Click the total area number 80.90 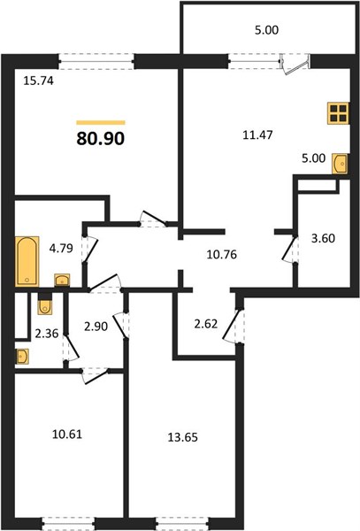pyautogui.click(x=101, y=138)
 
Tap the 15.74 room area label pyautogui.click(x=39, y=81)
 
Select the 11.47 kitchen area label pyautogui.click(x=257, y=135)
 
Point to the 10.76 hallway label pyautogui.click(x=222, y=254)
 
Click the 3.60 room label pyautogui.click(x=323, y=238)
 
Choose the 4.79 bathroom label pyautogui.click(x=61, y=248)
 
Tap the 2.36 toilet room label pyautogui.click(x=47, y=334)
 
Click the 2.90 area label pyautogui.click(x=96, y=327)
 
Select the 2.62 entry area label pyautogui.click(x=205, y=324)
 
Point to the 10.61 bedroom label pyautogui.click(x=67, y=435)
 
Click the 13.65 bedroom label pyautogui.click(x=183, y=437)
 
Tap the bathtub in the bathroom pyautogui.click(x=27, y=261)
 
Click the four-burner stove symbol pyautogui.click(x=339, y=113)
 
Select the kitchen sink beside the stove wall pyautogui.click(x=340, y=164)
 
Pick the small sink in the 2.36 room pyautogui.click(x=22, y=357)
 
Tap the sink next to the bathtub pyautogui.click(x=62, y=280)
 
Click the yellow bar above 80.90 pyautogui.click(x=101, y=123)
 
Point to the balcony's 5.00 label pyautogui.click(x=266, y=30)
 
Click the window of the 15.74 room pyautogui.click(x=96, y=62)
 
